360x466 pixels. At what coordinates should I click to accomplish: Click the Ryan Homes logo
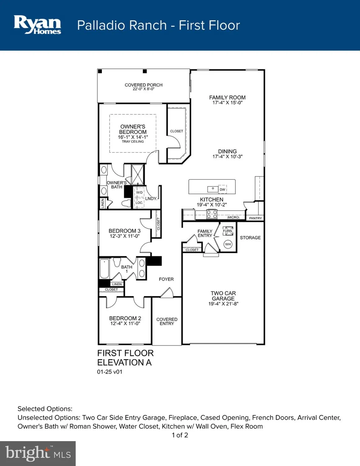coord(37,25)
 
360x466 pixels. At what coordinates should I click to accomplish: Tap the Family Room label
coord(227,98)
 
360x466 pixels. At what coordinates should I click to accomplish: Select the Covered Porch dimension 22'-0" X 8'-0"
coord(144,89)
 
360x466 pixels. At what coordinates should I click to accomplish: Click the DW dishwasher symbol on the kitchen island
coord(222,190)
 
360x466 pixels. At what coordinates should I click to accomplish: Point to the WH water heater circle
coord(228,244)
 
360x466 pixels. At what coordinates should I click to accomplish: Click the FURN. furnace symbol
coord(228,231)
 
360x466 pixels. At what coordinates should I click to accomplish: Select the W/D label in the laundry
coord(139,193)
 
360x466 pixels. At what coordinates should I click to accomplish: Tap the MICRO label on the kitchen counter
coord(233,217)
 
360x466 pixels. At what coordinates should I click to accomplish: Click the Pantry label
coord(255,218)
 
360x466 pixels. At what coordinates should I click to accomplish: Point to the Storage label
coord(250,238)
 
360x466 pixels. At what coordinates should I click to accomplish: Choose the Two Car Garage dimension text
coord(223,304)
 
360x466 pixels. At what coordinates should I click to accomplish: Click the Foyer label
coord(166,279)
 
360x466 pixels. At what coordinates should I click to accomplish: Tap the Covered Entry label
coord(167,322)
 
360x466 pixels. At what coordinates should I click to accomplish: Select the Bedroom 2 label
coord(125,318)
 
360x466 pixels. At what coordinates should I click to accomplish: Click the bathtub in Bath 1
coord(104,269)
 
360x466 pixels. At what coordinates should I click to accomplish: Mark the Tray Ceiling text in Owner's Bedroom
coord(133,142)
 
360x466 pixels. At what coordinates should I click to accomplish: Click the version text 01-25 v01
coord(110,372)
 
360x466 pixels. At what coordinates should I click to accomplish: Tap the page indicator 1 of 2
coord(180,435)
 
